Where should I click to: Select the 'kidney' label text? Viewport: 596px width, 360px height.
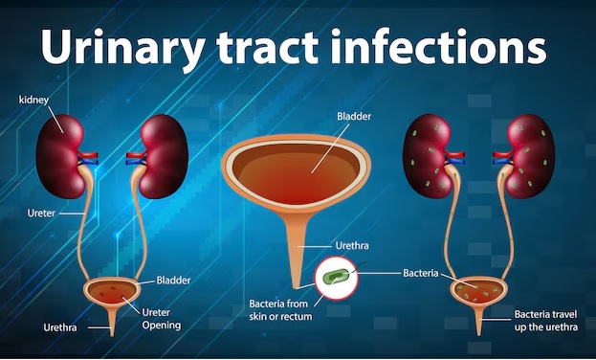34,100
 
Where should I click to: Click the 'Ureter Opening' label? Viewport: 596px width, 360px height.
161,318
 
